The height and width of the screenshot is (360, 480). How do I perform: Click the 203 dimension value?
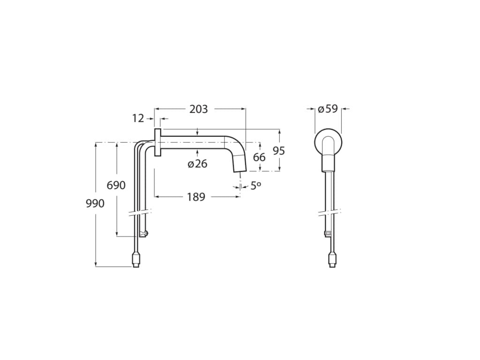(x=198, y=109)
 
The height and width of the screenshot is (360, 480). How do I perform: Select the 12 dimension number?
(x=138, y=119)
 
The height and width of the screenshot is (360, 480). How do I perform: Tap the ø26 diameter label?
(x=197, y=164)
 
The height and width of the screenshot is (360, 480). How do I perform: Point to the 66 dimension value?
(x=259, y=157)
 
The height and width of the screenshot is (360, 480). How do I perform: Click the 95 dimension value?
(x=279, y=151)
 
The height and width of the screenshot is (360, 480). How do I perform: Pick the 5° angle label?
(x=255, y=186)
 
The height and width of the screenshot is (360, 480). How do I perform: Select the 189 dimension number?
(x=196, y=197)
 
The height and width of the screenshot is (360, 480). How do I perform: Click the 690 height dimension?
(x=116, y=185)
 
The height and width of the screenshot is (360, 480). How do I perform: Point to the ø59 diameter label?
(x=328, y=109)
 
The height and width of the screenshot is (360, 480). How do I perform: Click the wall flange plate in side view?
(x=157, y=142)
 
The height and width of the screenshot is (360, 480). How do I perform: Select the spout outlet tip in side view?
(x=240, y=165)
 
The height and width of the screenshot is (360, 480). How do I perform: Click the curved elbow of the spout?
(x=235, y=143)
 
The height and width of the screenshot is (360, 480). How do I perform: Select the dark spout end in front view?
(x=328, y=163)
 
